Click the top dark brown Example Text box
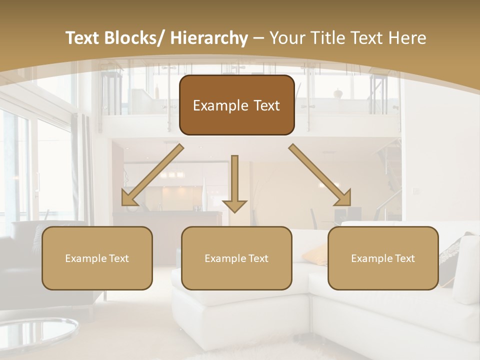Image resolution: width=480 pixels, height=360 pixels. pyautogui.click(x=236, y=105)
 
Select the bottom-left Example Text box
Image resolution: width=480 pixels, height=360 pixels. pyautogui.click(x=97, y=258)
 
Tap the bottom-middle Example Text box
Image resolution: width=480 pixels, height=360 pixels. pyautogui.click(x=236, y=258)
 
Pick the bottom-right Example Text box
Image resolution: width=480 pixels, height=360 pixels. pyautogui.click(x=383, y=258)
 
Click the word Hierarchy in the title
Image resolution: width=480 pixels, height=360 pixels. pyautogui.click(x=208, y=38)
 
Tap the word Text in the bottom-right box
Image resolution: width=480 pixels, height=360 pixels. pyautogui.click(x=404, y=258)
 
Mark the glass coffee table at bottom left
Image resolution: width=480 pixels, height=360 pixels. pyautogui.click(x=35, y=332)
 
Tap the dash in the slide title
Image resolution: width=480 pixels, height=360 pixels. pyautogui.click(x=258, y=38)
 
